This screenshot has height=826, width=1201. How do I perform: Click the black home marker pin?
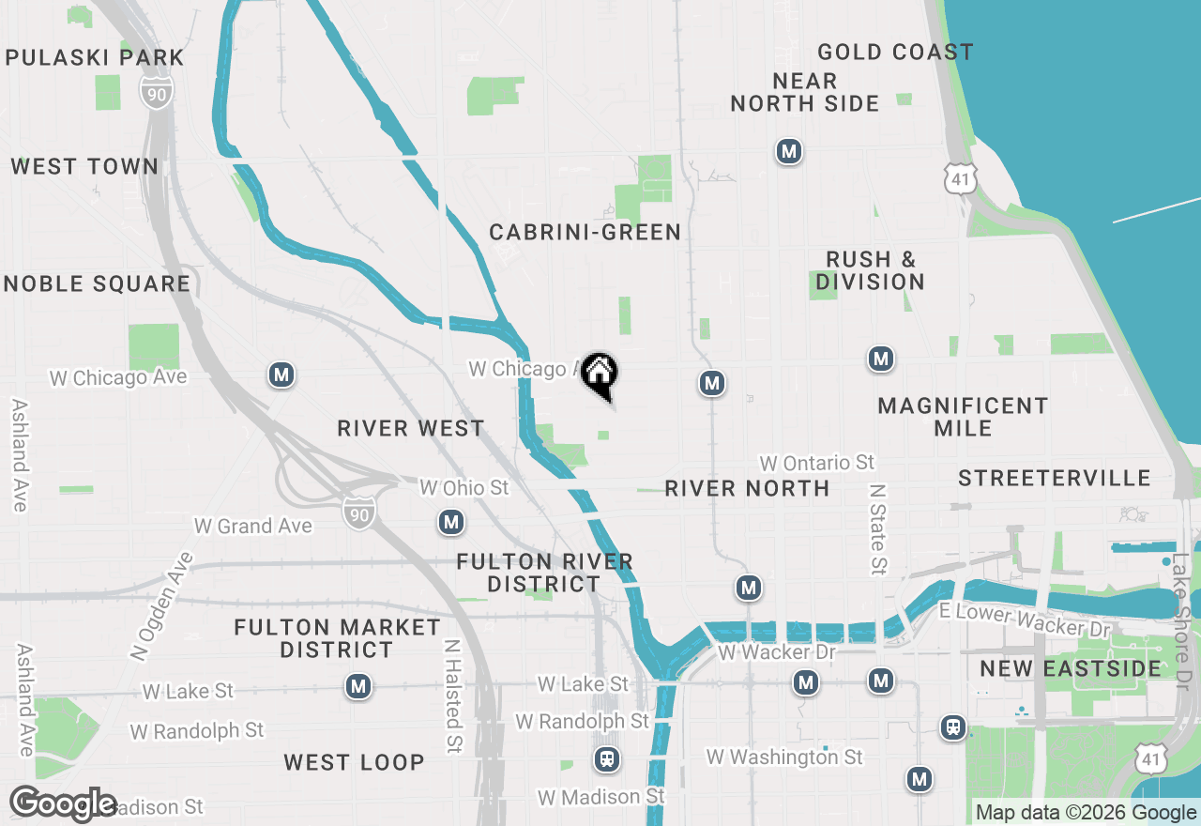599,375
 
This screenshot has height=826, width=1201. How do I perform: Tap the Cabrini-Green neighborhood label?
585,232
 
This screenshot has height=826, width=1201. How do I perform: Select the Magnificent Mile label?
963,417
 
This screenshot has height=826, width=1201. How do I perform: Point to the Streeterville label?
1054,478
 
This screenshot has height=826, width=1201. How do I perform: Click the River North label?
747,488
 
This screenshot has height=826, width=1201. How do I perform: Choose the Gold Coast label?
895,52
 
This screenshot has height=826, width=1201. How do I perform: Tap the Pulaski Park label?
95,57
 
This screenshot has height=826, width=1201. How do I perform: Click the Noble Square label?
97,283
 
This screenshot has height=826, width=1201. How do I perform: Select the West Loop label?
354,761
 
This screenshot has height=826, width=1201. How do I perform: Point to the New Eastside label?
1071,668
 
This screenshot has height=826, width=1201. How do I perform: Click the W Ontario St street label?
816,463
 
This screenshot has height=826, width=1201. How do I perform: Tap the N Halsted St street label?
453,696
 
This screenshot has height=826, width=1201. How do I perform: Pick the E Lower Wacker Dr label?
1025,620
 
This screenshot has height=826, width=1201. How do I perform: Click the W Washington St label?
784,757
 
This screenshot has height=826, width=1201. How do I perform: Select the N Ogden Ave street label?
161,607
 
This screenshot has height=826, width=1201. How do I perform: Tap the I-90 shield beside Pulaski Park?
158,91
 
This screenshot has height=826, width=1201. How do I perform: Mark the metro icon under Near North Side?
789,150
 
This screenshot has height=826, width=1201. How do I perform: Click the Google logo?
63,803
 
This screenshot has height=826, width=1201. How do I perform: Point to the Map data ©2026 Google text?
1086,813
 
